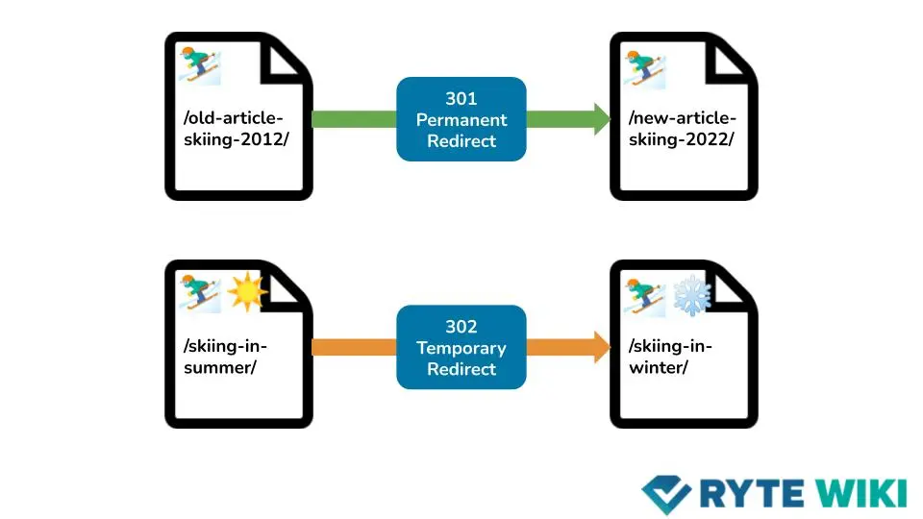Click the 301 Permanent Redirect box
pos(461,119)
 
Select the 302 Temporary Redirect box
pos(461,347)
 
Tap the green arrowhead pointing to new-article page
pos(600,119)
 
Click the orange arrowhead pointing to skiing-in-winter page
pos(600,347)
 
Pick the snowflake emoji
pos(690,294)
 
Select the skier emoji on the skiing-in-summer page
pos(201,292)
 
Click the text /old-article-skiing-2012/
pos(235,129)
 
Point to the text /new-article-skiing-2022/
pos(682,129)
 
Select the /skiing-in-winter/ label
pos(670,357)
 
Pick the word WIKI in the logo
pos(860,492)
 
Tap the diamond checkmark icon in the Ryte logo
pos(666,493)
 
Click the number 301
pos(461,99)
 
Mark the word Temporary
pos(461,348)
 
